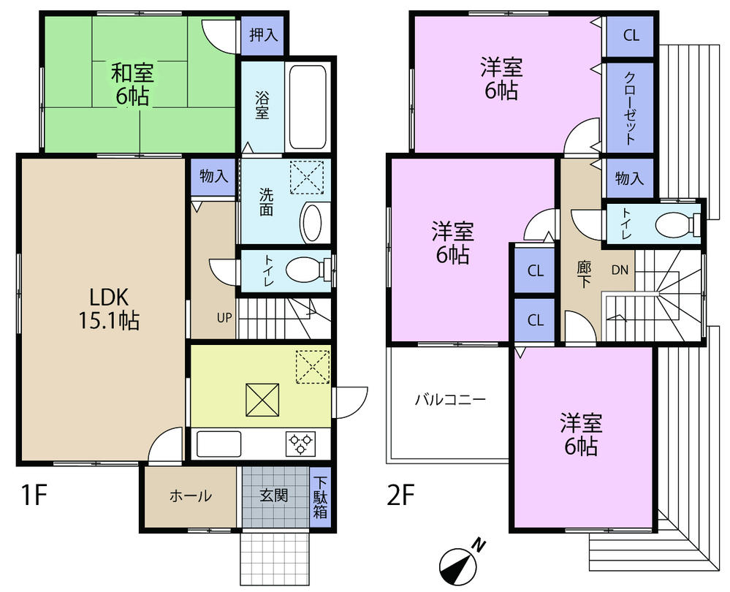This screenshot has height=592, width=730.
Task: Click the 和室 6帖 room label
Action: tap(132, 84)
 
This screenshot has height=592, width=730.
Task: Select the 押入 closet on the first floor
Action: tap(262, 36)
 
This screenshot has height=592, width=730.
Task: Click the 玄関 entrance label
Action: tap(273, 496)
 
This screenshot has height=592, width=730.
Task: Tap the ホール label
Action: tap(191, 496)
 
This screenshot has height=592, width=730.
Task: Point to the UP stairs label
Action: tap(224, 318)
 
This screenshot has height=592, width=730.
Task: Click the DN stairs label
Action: tap(620, 270)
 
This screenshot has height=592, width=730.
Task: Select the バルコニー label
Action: tap(450, 400)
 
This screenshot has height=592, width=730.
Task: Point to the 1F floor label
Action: tap(34, 496)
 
